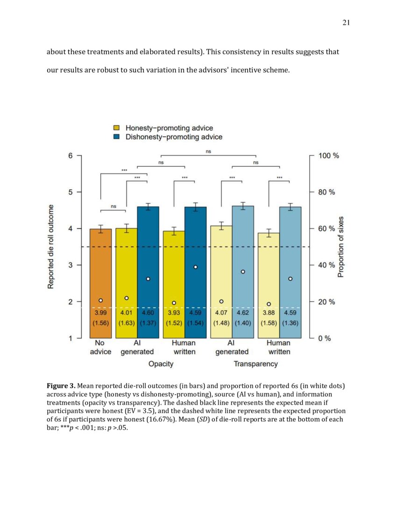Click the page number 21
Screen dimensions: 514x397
tap(346, 23)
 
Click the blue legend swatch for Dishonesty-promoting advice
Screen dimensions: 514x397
tap(117, 137)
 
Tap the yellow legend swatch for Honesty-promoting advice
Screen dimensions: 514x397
tap(117, 128)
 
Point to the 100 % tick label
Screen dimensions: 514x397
tap(329, 156)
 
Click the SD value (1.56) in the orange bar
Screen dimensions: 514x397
tap(100, 322)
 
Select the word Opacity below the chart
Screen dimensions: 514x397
tap(161, 364)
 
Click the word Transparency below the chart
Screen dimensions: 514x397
tap(255, 364)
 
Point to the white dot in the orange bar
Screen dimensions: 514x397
tap(100, 300)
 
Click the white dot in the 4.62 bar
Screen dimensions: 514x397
tap(243, 271)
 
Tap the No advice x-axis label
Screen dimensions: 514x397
tap(100, 347)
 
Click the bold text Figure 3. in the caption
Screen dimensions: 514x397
tap(61, 386)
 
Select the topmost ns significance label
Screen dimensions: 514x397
tap(208, 151)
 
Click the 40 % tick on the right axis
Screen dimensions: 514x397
tap(327, 265)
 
